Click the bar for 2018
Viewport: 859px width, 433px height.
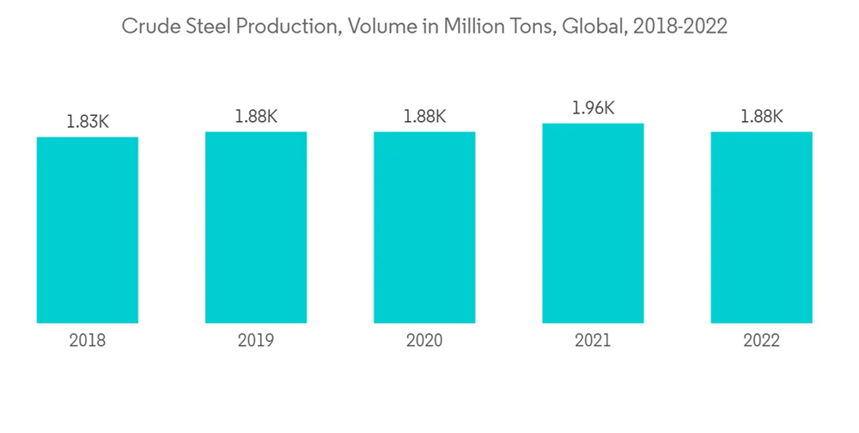[x=88, y=229]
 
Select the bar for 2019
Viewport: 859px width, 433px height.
[x=256, y=227]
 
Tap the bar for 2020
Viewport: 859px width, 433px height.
[x=424, y=227]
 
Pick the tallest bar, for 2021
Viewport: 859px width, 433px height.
[x=593, y=223]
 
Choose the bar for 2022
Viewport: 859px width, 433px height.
[x=761, y=227]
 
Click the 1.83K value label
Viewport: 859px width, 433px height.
[x=88, y=122]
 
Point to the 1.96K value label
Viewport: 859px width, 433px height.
[x=593, y=108]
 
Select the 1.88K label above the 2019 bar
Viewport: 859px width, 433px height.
[x=256, y=117]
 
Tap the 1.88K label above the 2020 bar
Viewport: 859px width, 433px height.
[x=424, y=117]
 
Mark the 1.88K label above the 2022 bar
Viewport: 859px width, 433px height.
[x=761, y=117]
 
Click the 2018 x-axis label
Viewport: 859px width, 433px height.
[x=88, y=341]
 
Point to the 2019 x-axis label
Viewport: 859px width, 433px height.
[x=256, y=341]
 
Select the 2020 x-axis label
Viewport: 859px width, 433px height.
[x=424, y=341]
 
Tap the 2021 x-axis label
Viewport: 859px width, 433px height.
[x=593, y=341]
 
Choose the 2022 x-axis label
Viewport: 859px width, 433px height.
[x=761, y=341]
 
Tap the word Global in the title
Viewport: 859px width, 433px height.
[x=594, y=27]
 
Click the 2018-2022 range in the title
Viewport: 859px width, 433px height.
[x=680, y=27]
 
